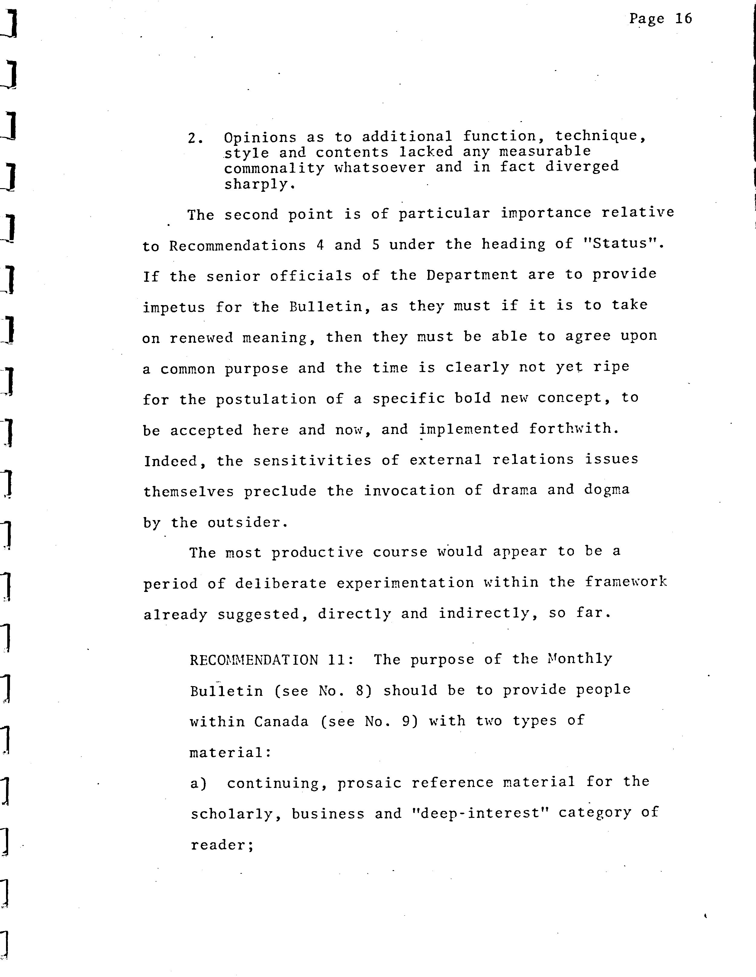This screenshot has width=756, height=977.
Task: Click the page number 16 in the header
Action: (x=683, y=19)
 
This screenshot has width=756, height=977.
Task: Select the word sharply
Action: (x=259, y=184)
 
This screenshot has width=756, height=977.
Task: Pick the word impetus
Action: (x=174, y=307)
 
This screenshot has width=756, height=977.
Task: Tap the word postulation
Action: (x=266, y=399)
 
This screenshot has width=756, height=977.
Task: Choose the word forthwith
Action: (x=574, y=429)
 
